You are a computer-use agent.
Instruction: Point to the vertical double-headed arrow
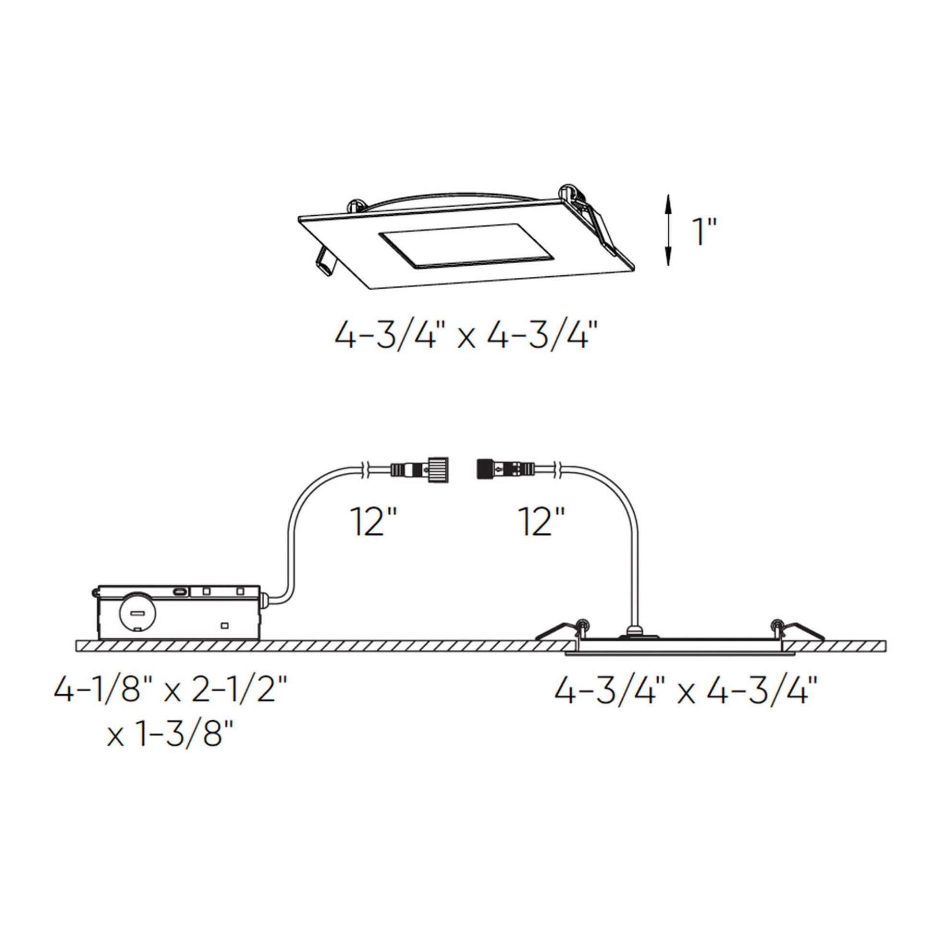(x=668, y=230)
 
